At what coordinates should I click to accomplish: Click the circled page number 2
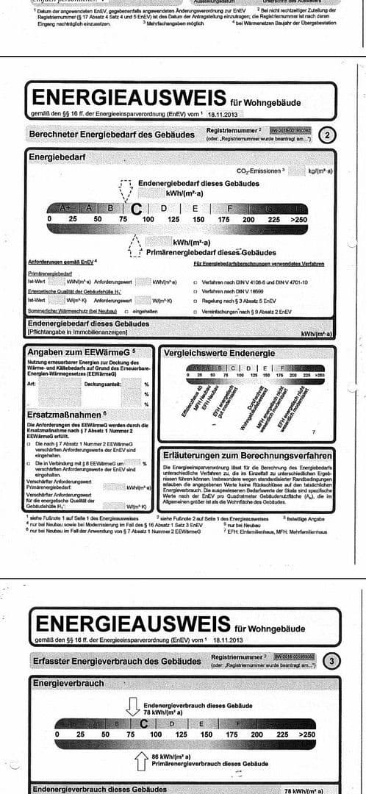click(x=329, y=135)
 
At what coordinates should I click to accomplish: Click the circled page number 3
click(x=333, y=660)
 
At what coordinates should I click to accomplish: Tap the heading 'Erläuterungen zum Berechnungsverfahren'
click(x=248, y=455)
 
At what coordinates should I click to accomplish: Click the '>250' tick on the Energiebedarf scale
click(x=298, y=219)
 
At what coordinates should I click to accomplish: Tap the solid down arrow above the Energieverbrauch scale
click(x=133, y=707)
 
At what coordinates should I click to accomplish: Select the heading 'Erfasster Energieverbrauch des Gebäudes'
click(x=117, y=661)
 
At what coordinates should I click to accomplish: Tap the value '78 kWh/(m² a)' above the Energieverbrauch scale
click(x=162, y=712)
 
